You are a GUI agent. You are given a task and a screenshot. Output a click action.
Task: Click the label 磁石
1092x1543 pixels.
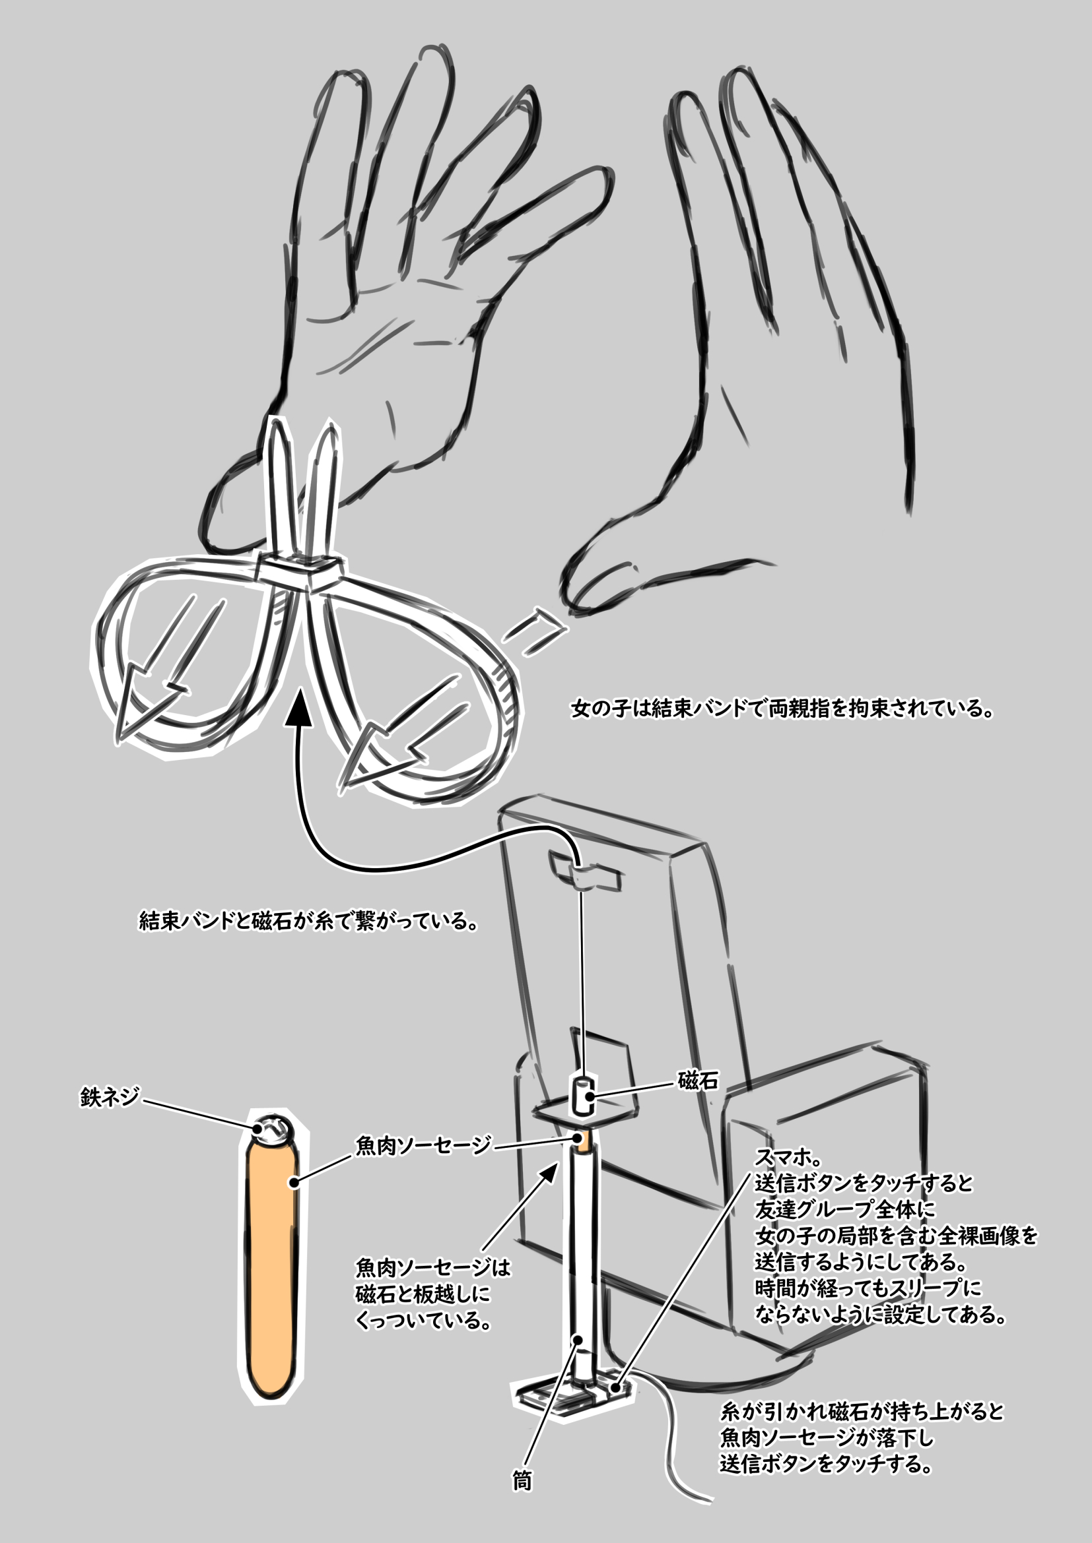[697, 1081]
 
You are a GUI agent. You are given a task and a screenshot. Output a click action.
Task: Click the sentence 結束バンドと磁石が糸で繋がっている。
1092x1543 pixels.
[309, 920]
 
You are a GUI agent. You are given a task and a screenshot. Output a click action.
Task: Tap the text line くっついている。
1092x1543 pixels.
[423, 1321]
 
